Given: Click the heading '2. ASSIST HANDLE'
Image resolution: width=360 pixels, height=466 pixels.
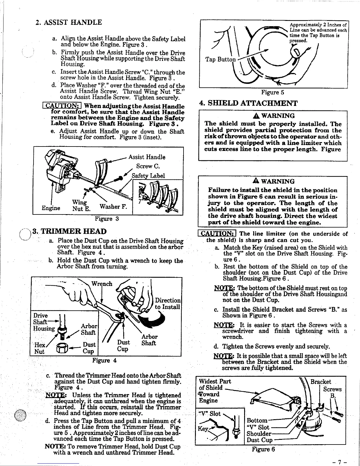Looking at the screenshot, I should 68,22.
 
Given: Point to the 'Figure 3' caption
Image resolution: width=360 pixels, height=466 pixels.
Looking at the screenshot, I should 106,219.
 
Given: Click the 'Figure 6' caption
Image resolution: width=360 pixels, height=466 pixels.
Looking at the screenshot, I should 263,449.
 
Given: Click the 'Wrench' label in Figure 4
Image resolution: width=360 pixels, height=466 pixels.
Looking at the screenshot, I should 102,284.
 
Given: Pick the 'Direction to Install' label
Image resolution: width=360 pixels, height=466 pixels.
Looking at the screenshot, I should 167,304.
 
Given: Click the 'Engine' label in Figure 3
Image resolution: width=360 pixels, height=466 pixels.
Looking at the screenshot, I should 51,208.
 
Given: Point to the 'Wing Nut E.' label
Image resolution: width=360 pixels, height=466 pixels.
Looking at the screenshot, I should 80,206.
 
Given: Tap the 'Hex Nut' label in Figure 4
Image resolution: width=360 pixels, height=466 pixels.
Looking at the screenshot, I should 39,348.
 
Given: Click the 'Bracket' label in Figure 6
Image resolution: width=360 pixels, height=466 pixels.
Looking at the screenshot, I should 321,382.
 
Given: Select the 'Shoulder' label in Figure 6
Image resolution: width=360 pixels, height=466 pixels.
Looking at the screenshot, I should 259,434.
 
